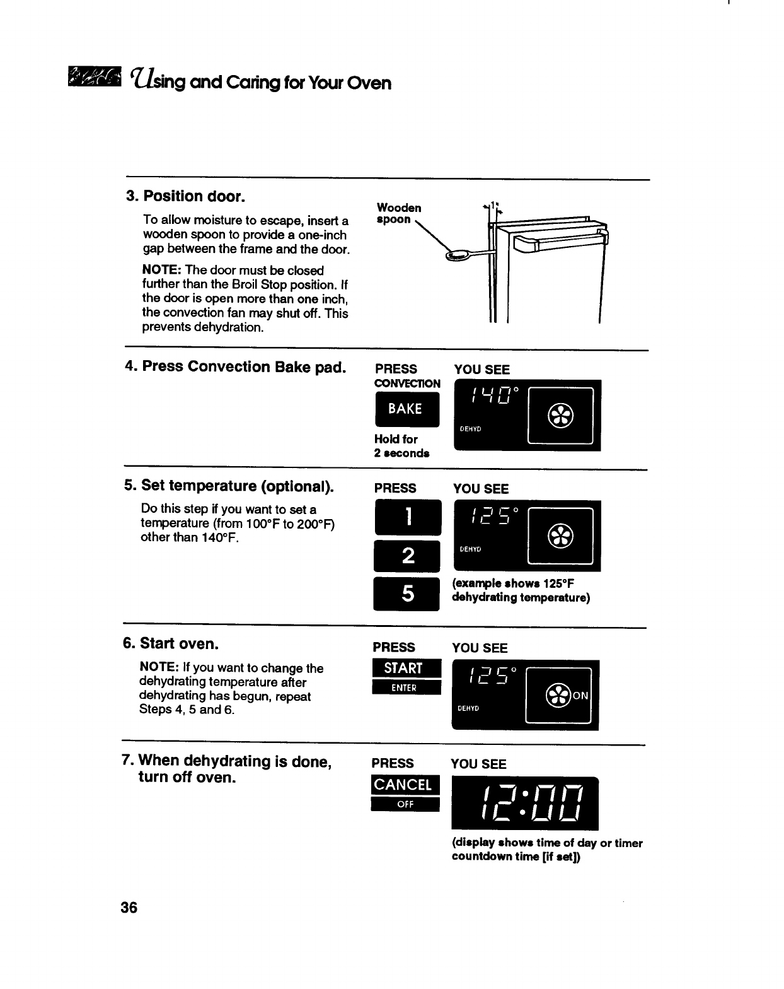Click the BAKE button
tap(406, 409)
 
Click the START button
tap(404, 669)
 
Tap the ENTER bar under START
tap(404, 688)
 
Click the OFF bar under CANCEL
tap(404, 804)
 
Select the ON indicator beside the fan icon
tap(580, 696)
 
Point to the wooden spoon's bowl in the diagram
tap(457, 255)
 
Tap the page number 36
tap(129, 908)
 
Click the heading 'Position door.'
tap(185, 196)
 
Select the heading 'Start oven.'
tap(171, 643)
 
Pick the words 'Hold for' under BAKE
tap(396, 439)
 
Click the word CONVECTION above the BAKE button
tap(407, 383)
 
